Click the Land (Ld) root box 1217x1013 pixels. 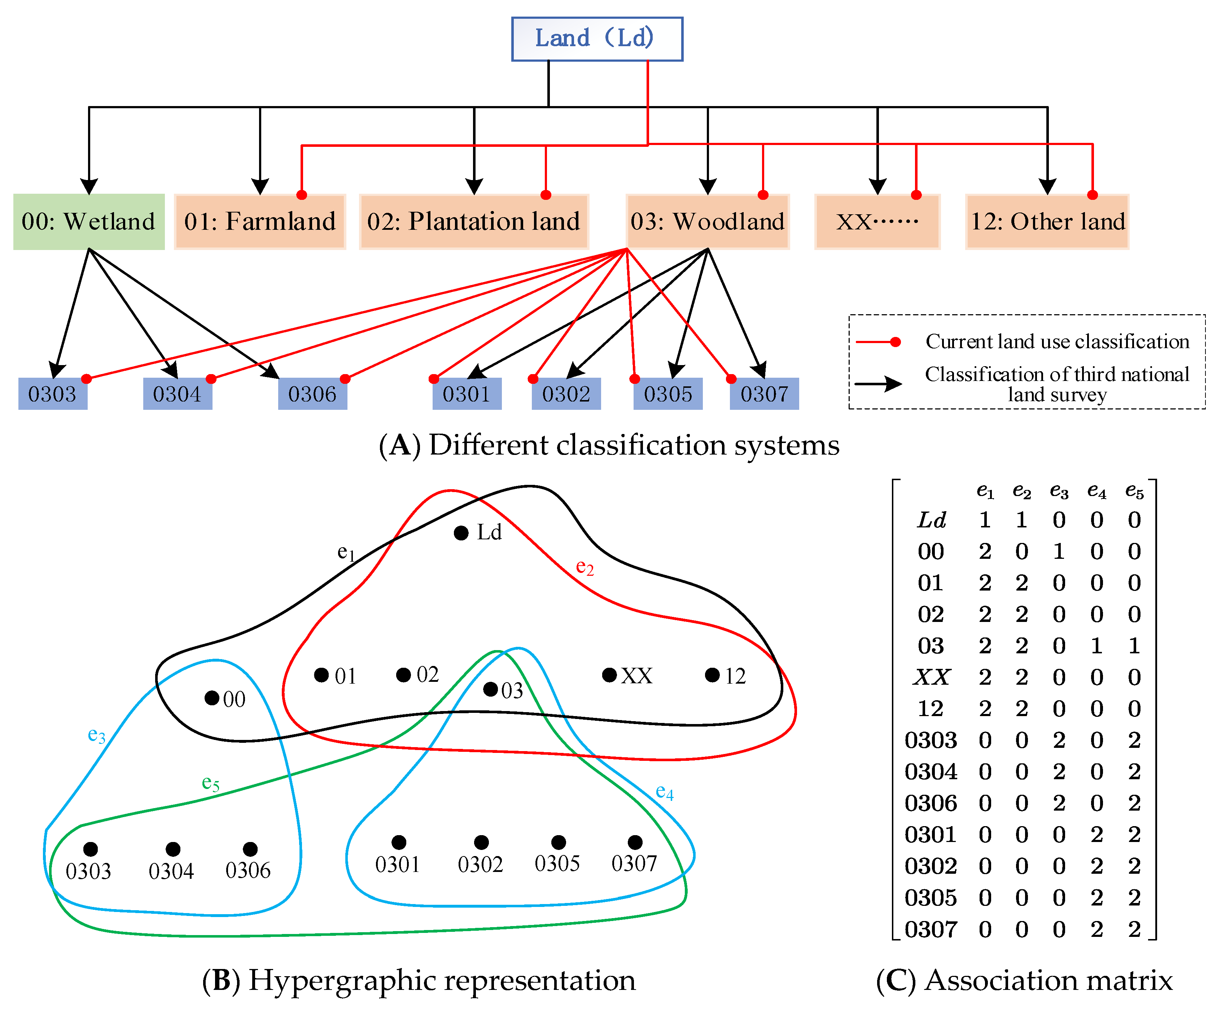pos(597,39)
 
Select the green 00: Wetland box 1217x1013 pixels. pos(89,222)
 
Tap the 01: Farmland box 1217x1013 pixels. pos(260,222)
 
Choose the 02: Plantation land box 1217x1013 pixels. pos(474,222)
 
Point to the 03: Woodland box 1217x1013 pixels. pos(708,222)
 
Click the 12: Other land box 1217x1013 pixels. pos(1047,222)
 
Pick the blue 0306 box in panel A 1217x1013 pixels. pos(312,394)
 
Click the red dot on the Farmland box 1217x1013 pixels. pos(301,195)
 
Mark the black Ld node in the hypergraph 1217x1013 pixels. pos(461,532)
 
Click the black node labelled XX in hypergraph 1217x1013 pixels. pos(609,675)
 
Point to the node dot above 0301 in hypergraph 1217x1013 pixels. pos(399,842)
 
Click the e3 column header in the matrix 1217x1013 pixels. pos(1059,491)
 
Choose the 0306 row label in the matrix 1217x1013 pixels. pos(931,803)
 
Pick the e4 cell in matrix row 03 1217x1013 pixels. pos(1096,646)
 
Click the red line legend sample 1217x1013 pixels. pos(878,342)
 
